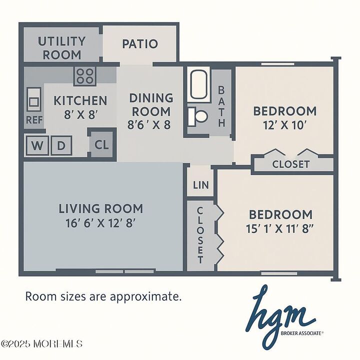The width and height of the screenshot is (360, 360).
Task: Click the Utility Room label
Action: click(61, 47)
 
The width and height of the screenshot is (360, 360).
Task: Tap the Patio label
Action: click(140, 44)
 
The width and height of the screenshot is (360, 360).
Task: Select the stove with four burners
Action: click(85, 75)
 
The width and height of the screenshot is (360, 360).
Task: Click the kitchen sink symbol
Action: click(34, 101)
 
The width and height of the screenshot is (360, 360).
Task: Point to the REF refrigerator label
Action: click(33, 120)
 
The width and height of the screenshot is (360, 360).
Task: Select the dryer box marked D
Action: click(61, 145)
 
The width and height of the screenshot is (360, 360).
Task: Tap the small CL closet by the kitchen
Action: click(102, 145)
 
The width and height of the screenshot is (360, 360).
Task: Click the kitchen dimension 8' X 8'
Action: click(80, 114)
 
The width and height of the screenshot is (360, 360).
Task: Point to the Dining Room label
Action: click(150, 104)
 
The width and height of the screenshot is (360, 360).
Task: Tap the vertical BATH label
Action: click(221, 106)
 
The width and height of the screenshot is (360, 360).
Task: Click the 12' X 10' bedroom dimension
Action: click(284, 124)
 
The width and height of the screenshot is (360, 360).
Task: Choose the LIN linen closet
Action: click(200, 185)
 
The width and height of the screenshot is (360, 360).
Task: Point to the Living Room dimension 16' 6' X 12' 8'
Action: click(100, 222)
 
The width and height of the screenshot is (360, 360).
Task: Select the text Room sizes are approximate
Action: click(103, 296)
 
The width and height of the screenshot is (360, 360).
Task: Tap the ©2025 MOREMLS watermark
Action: click(42, 344)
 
